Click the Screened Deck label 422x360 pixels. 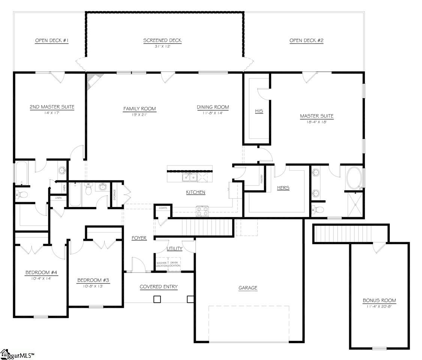(162, 40)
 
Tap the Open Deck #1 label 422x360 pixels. (52, 40)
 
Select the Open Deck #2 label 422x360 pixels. (306, 40)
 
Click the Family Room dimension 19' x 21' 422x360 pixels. (140, 115)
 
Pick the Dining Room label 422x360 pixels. (213, 107)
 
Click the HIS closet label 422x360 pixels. (259, 111)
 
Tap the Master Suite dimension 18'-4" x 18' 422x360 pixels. (317, 122)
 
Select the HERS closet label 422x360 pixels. (283, 187)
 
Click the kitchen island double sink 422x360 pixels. (190, 177)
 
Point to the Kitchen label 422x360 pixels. (196, 192)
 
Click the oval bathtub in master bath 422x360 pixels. (354, 178)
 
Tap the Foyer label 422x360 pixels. (139, 238)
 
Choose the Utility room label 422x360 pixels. (174, 248)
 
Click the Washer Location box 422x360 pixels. (162, 264)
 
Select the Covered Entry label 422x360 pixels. (159, 287)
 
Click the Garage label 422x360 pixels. (248, 288)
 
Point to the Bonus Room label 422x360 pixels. (379, 300)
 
